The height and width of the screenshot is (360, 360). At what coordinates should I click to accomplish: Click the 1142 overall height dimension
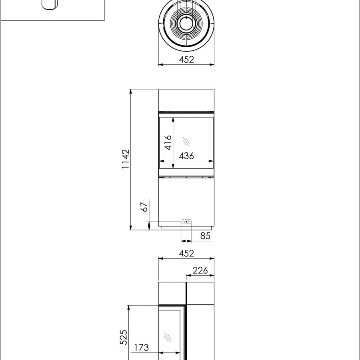[x=126, y=159]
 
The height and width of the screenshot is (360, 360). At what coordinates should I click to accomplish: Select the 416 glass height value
[x=168, y=142]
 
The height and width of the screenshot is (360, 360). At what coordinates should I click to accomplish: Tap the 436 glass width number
[x=186, y=156]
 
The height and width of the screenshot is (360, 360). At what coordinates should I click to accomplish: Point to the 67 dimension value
[x=144, y=207]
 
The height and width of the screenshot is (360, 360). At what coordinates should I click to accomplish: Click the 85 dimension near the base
[x=205, y=236]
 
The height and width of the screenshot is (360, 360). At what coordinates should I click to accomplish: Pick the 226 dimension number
[x=200, y=270]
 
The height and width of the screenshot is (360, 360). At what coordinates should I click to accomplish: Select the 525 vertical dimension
[x=124, y=337]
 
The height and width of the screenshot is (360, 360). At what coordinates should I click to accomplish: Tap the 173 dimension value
[x=141, y=347]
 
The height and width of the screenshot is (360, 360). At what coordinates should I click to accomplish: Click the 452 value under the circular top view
[x=186, y=60]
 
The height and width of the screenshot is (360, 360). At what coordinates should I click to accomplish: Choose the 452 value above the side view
[x=186, y=253]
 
